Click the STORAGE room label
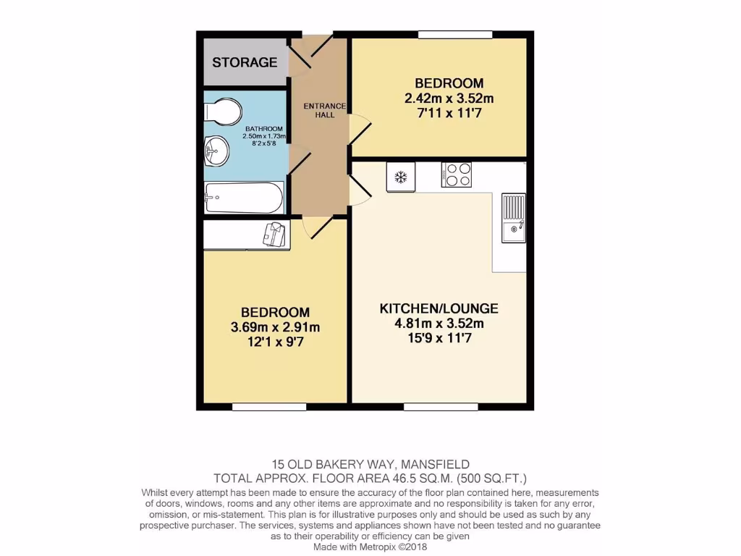pyautogui.click(x=245, y=62)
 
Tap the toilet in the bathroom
pyautogui.click(x=222, y=112)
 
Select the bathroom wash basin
pyautogui.click(x=216, y=152)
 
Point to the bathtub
pyautogui.click(x=244, y=197)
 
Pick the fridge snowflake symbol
pyautogui.click(x=401, y=176)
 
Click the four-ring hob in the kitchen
pyautogui.click(x=457, y=174)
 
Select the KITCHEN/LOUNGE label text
pyautogui.click(x=439, y=308)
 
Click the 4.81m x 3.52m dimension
pyautogui.click(x=439, y=323)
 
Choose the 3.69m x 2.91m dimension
pyautogui.click(x=275, y=327)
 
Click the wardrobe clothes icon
pyautogui.click(x=275, y=233)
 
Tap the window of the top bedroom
pyautogui.click(x=455, y=34)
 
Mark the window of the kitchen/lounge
pyautogui.click(x=440, y=407)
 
